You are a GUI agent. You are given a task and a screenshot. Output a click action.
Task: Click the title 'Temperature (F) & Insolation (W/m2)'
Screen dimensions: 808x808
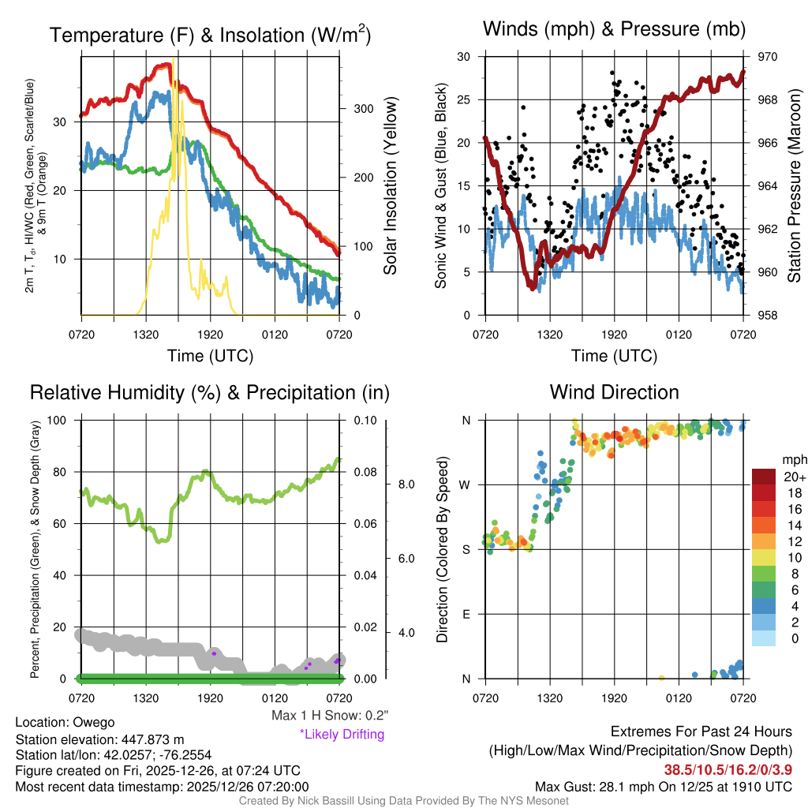click(x=210, y=35)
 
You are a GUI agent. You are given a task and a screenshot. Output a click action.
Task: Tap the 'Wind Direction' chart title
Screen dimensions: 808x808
click(x=614, y=392)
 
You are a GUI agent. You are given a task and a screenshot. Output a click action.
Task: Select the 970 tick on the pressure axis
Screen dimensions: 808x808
click(x=768, y=57)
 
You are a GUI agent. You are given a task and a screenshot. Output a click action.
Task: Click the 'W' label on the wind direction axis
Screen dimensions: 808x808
click(x=467, y=484)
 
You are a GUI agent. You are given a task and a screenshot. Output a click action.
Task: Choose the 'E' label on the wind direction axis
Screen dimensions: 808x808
click(x=467, y=614)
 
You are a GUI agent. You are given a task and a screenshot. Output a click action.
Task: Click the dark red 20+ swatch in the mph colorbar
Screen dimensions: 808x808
click(x=765, y=477)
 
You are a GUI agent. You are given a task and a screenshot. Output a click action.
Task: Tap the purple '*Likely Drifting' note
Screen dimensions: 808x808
click(x=342, y=734)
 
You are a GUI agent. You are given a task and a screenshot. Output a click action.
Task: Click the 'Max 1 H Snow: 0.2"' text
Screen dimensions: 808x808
click(x=329, y=716)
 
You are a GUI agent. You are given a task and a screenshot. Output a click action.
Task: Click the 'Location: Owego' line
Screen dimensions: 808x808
click(x=65, y=722)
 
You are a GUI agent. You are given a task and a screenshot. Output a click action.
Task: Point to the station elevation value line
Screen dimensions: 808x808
click(x=99, y=739)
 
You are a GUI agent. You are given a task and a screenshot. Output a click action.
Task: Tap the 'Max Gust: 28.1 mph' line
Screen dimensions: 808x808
click(x=664, y=786)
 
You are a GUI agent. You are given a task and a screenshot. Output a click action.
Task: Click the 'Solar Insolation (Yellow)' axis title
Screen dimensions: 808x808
click(x=391, y=186)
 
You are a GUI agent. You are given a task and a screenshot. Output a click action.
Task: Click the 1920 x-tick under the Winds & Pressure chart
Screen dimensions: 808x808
click(x=614, y=334)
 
